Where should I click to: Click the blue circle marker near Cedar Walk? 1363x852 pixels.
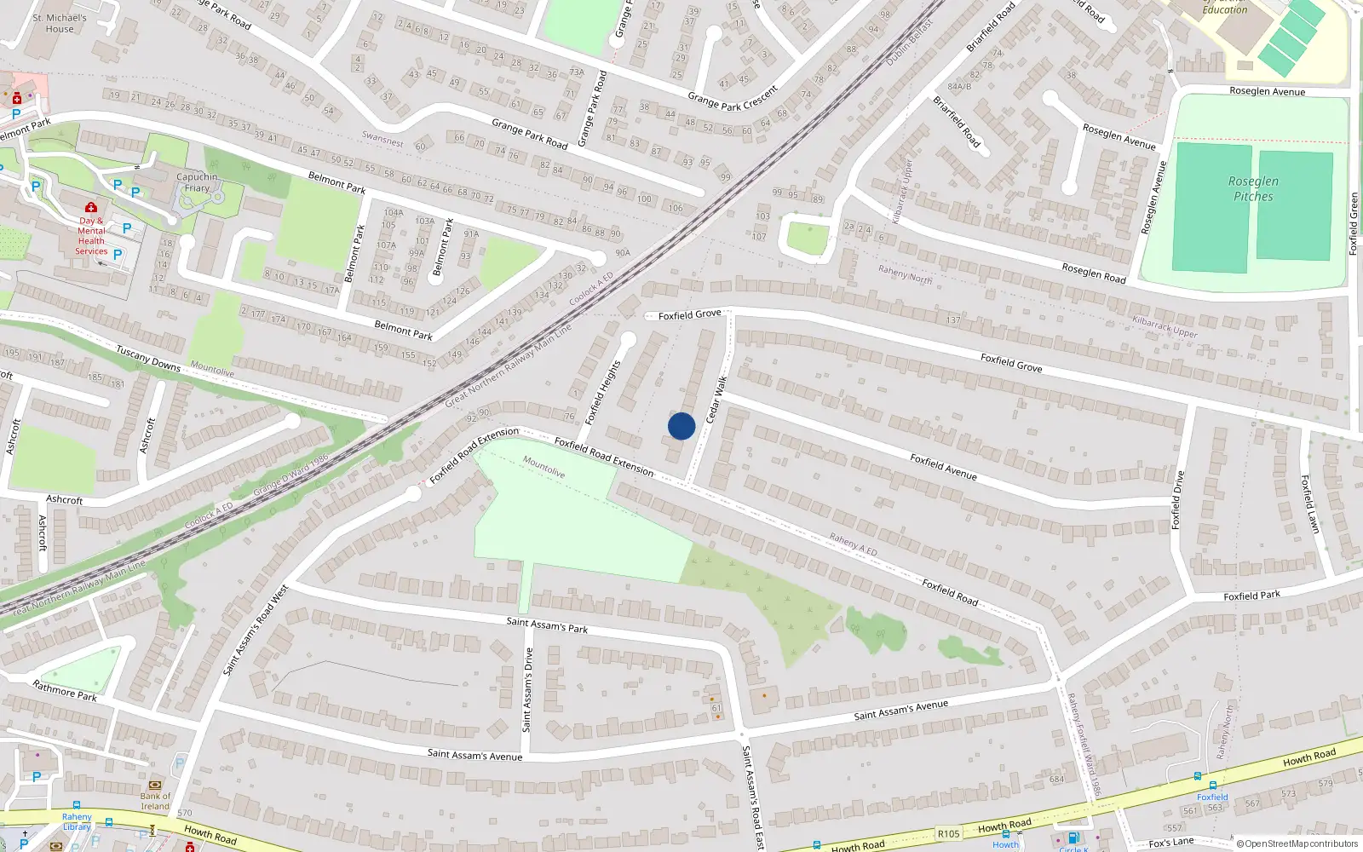click(681, 426)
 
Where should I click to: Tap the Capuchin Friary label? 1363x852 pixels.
click(197, 182)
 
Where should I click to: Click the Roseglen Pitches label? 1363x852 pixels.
click(1253, 188)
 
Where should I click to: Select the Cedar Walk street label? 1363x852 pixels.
click(716, 400)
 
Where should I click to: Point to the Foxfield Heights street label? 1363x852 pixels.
click(603, 393)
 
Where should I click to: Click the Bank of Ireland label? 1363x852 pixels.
click(155, 801)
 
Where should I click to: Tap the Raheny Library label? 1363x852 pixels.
click(77, 821)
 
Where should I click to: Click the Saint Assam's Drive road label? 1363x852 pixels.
click(527, 689)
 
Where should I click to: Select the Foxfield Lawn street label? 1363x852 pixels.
click(1310, 504)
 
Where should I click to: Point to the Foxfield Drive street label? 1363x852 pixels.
click(1178, 500)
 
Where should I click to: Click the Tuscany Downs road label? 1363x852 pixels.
click(148, 358)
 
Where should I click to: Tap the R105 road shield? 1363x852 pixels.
click(948, 834)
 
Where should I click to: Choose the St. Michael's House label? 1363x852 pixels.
click(60, 23)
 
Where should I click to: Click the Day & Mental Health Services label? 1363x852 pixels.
click(91, 236)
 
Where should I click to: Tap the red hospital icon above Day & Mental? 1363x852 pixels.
click(91, 207)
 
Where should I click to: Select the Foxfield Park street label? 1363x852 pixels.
click(1251, 595)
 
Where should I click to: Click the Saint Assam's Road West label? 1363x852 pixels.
click(256, 630)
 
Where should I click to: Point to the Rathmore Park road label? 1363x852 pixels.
click(65, 690)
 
